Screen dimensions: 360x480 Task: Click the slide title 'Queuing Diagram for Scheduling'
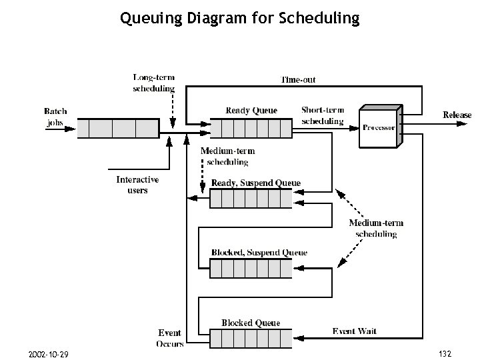[x=239, y=18]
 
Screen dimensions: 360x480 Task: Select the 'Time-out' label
[x=298, y=79]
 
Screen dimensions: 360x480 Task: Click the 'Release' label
[x=457, y=115]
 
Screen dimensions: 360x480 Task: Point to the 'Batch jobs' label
[x=55, y=117]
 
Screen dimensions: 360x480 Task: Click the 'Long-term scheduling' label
[x=154, y=83]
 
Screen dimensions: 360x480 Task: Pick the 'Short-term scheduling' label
[x=323, y=116]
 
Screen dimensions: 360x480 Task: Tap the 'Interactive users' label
[x=137, y=185]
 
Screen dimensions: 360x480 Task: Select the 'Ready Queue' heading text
[x=251, y=111]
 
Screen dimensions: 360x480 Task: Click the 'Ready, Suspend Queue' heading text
[x=256, y=183]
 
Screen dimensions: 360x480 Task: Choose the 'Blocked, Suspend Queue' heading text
[x=259, y=253]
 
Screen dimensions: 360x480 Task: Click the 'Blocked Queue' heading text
[x=251, y=323]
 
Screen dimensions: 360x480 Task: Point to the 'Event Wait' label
[x=355, y=331]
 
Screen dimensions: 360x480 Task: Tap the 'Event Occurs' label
[x=170, y=338]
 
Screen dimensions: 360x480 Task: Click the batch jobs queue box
[x=118, y=128]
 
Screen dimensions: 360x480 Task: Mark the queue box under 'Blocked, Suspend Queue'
[x=251, y=268]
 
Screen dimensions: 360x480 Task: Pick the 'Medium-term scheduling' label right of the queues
[x=376, y=228]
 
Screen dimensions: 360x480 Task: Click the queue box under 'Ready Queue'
[x=251, y=128]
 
